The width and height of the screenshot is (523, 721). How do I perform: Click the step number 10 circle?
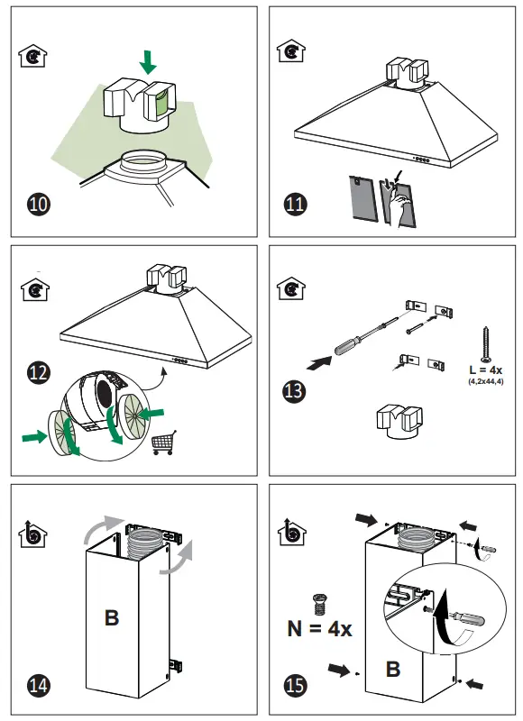coord(39,205)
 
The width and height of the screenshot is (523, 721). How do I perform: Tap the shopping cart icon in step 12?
coord(163,443)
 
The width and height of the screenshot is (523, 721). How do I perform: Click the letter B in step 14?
coord(112,617)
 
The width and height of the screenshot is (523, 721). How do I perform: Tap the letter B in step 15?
coord(393,669)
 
